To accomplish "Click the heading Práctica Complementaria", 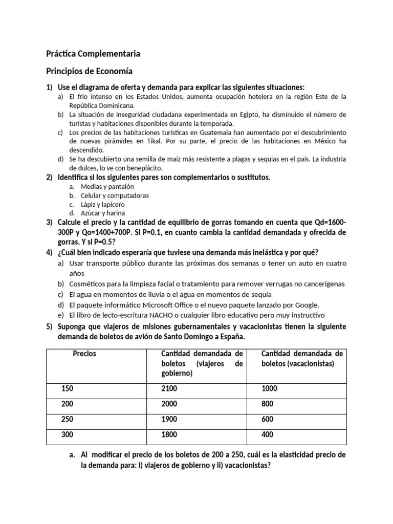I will tap(93, 54).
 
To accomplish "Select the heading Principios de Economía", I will tap(90, 71).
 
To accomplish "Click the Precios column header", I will tap(85, 354).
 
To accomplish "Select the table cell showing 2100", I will tap(170, 388).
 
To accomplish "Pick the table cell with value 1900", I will tap(170, 419).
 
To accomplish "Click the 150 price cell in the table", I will tap(68, 388).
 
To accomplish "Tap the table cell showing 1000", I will tap(269, 388).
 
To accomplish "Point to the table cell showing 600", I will tap(268, 419).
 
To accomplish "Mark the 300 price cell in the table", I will tap(68, 434).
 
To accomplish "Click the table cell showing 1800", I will tap(170, 434).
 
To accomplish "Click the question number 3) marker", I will tap(49, 223).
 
